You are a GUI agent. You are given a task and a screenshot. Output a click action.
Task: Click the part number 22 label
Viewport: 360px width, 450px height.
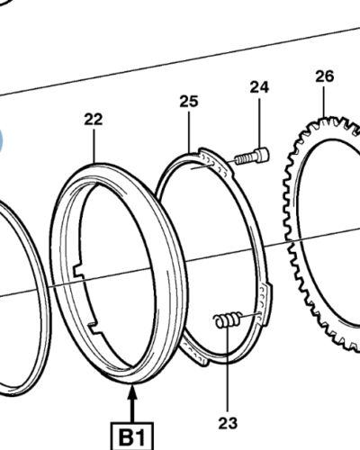[x=94, y=119]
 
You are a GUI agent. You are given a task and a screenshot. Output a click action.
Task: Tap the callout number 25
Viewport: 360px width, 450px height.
[x=189, y=102]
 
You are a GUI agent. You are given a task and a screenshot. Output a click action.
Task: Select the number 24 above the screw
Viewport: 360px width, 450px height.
[x=259, y=87]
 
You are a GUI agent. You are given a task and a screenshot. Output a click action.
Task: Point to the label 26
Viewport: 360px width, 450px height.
[x=325, y=76]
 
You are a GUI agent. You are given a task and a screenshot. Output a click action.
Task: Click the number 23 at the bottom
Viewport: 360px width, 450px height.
[x=228, y=423]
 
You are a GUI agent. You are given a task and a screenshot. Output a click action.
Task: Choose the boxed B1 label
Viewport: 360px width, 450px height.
[x=132, y=436]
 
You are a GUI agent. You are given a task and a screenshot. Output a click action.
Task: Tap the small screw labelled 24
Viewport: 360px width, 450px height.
[x=252, y=157]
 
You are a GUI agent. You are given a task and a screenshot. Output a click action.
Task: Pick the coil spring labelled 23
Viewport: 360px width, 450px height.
[x=228, y=320]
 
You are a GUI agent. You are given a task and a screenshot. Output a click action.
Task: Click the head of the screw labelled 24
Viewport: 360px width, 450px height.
[x=262, y=155]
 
